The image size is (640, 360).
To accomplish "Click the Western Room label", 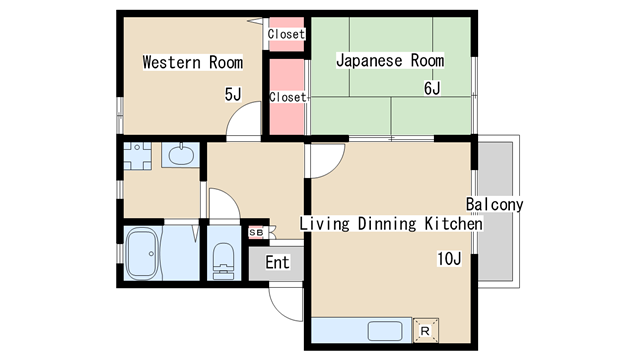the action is (x=193, y=62).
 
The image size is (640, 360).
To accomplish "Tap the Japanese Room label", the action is (x=390, y=60).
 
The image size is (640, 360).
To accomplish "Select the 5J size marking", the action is (x=233, y=94).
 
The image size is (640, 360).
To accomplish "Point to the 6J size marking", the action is (x=432, y=88).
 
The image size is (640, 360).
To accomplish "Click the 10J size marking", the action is (x=449, y=258).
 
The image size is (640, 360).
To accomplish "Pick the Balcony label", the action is (x=495, y=204).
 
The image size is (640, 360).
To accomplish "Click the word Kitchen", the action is (x=453, y=224).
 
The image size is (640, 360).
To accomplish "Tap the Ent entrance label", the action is (x=277, y=262).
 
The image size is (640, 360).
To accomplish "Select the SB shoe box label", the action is (x=256, y=233).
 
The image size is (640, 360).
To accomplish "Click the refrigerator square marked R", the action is (x=426, y=330).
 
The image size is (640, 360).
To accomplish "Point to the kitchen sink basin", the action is (x=385, y=331).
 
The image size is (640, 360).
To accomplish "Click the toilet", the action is (x=223, y=260).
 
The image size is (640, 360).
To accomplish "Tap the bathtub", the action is (x=142, y=254).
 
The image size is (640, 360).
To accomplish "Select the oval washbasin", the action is (x=181, y=155).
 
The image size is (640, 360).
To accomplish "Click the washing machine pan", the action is (x=138, y=156).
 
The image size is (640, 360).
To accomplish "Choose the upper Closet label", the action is (x=286, y=34).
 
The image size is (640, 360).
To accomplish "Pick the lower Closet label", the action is (x=287, y=97).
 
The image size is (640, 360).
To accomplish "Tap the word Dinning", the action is (x=387, y=224).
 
